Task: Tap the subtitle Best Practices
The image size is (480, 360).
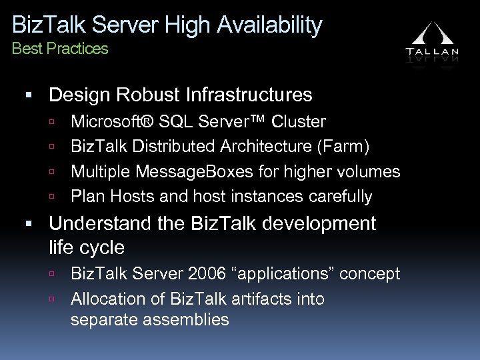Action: tap(60, 49)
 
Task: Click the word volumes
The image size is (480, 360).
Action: tap(370, 171)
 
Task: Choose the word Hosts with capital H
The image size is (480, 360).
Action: tap(123, 197)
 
